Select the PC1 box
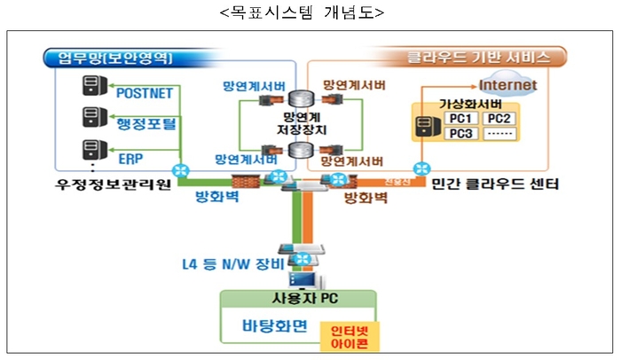pyautogui.click(x=461, y=119)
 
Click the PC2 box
pyautogui.click(x=499, y=119)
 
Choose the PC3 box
pyautogui.click(x=461, y=134)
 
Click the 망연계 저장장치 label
pyautogui.click(x=302, y=121)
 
